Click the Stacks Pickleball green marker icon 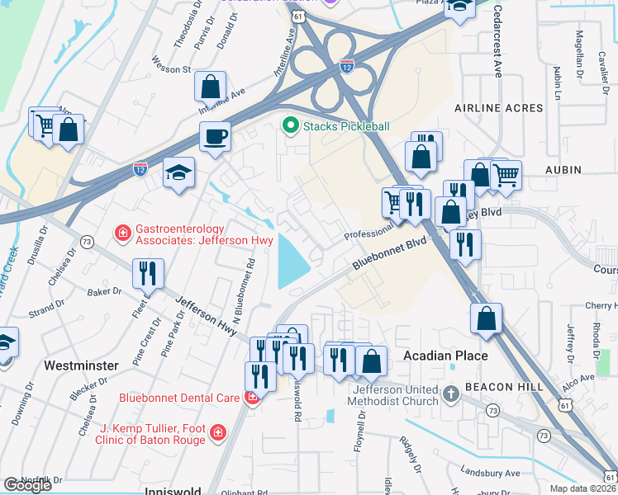click(290, 126)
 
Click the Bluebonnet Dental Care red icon click(252, 397)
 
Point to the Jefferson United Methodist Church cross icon click(451, 393)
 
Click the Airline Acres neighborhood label click(499, 108)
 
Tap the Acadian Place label click(444, 356)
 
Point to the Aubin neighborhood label click(563, 170)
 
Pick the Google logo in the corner click(27, 485)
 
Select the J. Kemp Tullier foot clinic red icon click(217, 431)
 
